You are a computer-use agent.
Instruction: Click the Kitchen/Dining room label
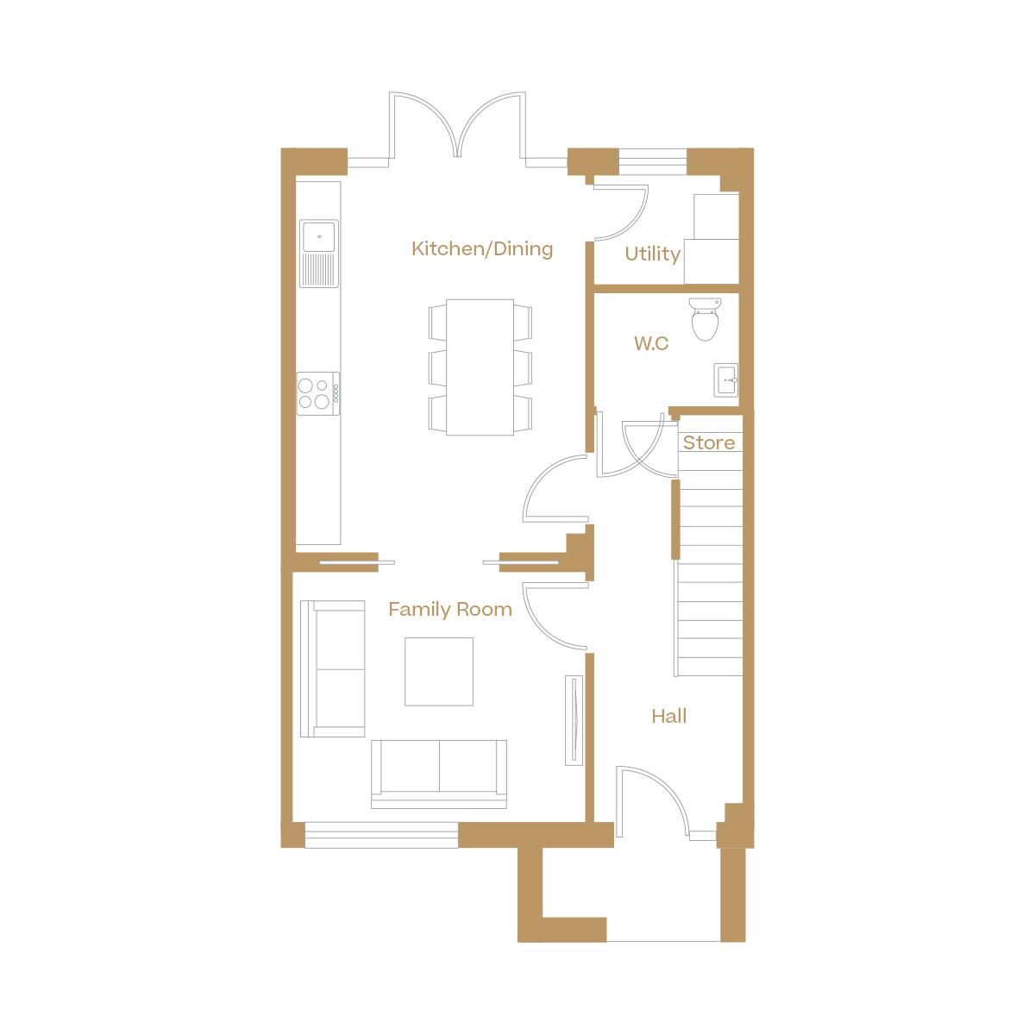point(482,249)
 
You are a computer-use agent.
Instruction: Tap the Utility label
point(652,254)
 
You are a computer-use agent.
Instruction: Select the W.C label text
point(651,344)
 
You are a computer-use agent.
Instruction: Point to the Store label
point(709,443)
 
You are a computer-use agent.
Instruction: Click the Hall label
point(669,716)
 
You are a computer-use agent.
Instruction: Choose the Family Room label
point(450,610)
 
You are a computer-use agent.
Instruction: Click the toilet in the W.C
point(706,319)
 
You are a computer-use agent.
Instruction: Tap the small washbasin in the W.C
point(726,379)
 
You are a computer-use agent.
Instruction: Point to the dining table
point(480,367)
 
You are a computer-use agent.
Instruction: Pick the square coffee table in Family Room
point(439,672)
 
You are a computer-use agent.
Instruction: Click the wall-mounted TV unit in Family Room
point(574,719)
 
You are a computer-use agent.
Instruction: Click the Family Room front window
point(381,835)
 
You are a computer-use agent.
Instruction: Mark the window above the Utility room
point(653,161)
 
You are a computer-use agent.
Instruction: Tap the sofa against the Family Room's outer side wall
point(333,669)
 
